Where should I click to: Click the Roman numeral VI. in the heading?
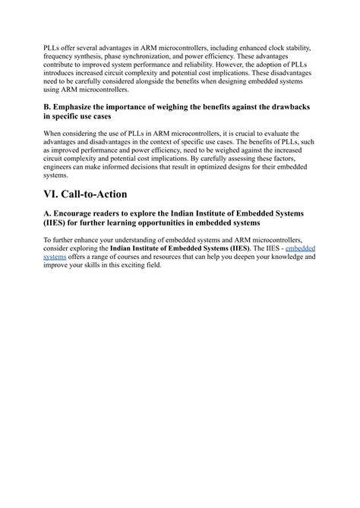55,194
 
